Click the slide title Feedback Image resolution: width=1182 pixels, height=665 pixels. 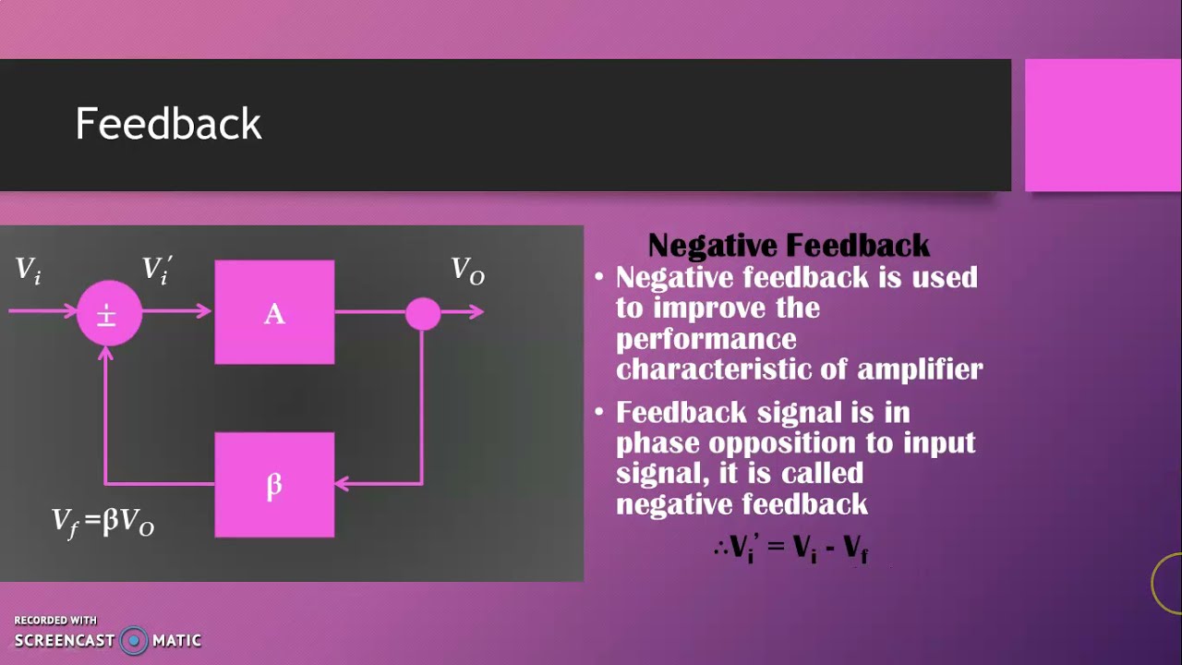click(168, 124)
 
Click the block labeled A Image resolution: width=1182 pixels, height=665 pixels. click(274, 312)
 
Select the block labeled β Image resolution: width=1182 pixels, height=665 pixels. click(274, 485)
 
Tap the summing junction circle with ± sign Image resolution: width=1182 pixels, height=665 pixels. click(108, 313)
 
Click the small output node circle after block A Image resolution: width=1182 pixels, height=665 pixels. click(423, 313)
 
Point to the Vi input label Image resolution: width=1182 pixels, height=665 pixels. click(28, 270)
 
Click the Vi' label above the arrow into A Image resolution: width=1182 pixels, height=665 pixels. click(157, 270)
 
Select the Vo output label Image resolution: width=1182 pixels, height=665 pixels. click(467, 271)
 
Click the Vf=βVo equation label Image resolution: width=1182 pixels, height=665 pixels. click(103, 523)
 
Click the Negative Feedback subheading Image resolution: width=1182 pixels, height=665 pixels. click(789, 246)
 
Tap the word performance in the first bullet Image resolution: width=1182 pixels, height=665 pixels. click(706, 338)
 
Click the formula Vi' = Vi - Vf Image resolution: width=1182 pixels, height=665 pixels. click(792, 548)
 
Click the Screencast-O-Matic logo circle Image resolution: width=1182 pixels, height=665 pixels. click(134, 640)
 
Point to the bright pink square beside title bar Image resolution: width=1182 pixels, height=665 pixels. click(1103, 125)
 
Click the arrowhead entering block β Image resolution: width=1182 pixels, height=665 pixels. click(341, 483)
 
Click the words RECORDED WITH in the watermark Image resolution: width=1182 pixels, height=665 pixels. click(55, 621)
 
